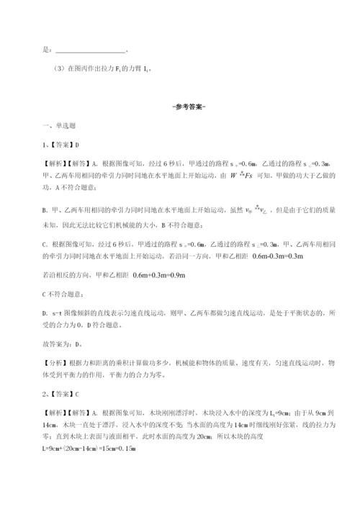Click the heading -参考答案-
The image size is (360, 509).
(x=179, y=107)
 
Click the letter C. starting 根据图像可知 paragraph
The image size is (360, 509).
(x=46, y=243)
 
